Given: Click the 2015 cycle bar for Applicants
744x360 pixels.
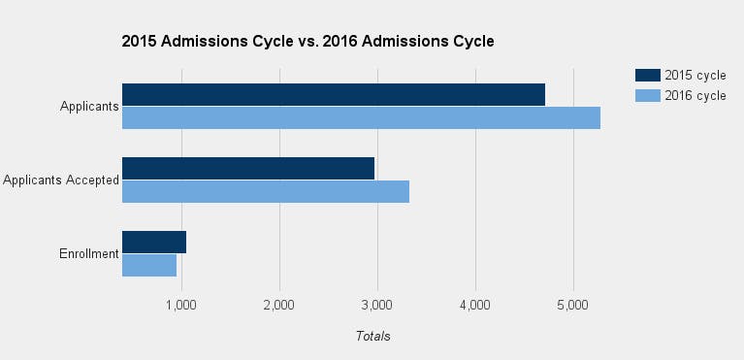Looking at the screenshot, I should [x=333, y=95].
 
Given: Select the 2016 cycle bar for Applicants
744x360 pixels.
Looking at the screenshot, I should [x=361, y=117].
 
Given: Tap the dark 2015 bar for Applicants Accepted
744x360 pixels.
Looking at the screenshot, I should [x=248, y=169].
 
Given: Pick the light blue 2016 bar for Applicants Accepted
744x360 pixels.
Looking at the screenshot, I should [x=266, y=191].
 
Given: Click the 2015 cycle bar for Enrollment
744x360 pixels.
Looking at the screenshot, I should [x=154, y=243].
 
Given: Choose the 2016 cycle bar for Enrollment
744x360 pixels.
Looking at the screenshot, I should [x=149, y=265].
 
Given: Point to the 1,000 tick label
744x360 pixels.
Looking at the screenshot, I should [x=181, y=305].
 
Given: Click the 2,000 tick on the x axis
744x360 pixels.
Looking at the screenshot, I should [x=279, y=305].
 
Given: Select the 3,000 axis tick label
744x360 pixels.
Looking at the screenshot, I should [x=377, y=305].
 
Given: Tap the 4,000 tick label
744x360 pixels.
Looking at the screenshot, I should [x=475, y=305].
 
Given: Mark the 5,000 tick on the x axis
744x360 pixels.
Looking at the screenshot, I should [x=573, y=305].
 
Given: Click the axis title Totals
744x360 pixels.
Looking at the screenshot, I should [x=372, y=336].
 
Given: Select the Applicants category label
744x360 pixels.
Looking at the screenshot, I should [x=89, y=107].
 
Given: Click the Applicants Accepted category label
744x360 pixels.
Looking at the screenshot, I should [x=60, y=180].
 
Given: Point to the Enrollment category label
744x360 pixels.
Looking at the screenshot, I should [x=88, y=254].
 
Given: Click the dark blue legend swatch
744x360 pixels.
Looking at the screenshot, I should [x=647, y=76].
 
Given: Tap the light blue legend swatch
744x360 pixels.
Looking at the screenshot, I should [x=647, y=95].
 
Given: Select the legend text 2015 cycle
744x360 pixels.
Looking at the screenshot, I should [x=695, y=76].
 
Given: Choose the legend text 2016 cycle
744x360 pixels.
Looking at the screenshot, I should [x=695, y=95].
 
